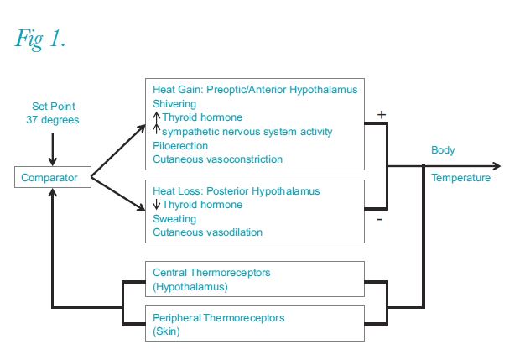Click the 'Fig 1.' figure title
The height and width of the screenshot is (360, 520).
40,39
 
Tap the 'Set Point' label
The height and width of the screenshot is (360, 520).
54,107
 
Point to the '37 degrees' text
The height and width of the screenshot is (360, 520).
53,120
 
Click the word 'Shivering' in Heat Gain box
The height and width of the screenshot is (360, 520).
174,104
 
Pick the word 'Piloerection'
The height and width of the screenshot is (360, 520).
180,146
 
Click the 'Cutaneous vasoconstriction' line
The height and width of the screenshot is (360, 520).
217,159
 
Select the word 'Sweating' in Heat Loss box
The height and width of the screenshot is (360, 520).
174,219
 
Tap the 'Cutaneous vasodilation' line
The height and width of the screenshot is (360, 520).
208,232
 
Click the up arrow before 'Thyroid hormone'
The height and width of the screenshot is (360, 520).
157,117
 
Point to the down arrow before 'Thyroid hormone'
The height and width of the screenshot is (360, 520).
157,205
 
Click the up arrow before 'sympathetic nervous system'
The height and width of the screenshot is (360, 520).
157,128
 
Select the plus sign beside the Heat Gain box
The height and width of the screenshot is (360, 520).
382,115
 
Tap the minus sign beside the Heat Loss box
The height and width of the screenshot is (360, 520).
380,219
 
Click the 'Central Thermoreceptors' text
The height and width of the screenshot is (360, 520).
211,273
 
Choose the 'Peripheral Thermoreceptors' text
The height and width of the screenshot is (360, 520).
219,318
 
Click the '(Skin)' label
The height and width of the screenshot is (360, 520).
166,331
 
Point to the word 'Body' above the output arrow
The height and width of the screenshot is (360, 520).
443,150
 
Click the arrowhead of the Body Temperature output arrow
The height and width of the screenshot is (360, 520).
497,166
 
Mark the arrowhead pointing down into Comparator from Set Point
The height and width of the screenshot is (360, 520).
52,162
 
